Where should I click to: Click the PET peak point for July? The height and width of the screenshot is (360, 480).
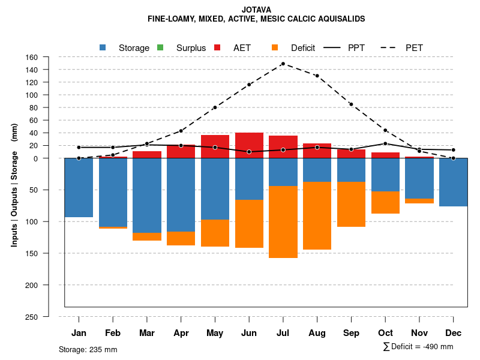point(283,64)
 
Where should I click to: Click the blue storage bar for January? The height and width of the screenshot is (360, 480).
point(79,187)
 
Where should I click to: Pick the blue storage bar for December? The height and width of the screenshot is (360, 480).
point(453,182)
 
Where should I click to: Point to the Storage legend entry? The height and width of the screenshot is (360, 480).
point(125,48)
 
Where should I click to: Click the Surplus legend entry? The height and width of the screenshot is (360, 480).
point(182,48)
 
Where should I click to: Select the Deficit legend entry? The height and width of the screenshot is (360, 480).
point(294,48)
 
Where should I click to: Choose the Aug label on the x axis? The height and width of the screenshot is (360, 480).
point(317,333)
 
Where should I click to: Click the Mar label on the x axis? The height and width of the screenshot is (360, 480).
point(147,333)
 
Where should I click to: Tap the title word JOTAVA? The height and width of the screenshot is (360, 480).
point(256,10)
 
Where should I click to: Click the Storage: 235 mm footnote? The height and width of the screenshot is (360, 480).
point(88,349)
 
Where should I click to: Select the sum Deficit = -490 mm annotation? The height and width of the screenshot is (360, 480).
point(418,347)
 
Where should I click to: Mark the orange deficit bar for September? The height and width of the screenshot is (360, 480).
point(351,204)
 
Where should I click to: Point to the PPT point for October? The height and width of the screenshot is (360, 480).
point(385,143)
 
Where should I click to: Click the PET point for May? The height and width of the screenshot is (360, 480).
point(215,107)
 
